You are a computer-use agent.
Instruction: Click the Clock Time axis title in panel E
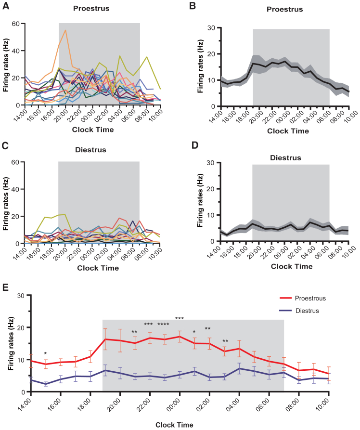coord(175,425)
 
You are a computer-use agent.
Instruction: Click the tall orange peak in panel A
coord(65,30)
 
